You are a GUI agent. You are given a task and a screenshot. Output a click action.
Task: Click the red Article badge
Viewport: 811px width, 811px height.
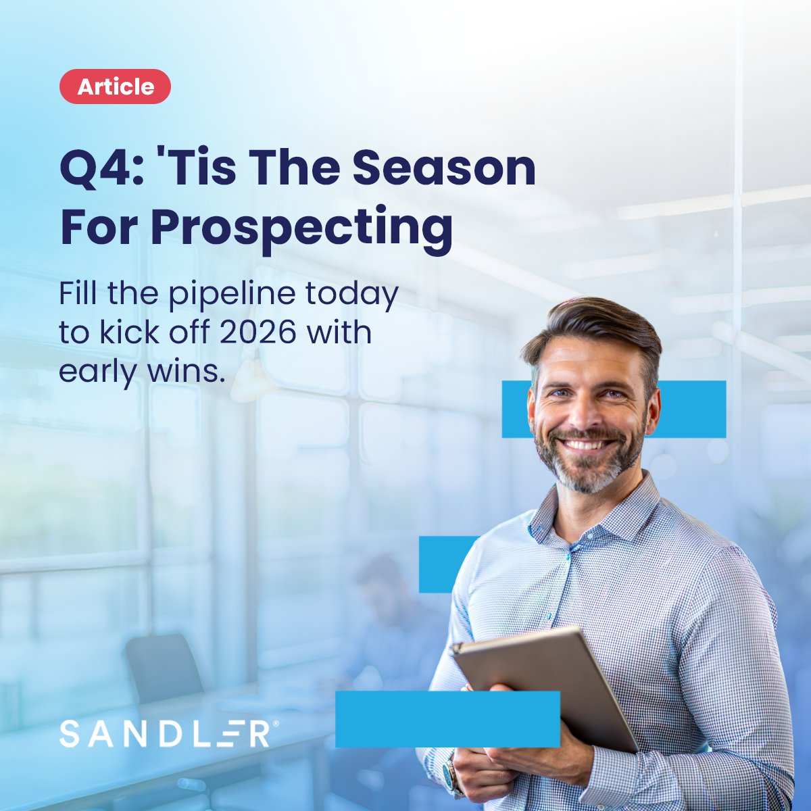pos(115,87)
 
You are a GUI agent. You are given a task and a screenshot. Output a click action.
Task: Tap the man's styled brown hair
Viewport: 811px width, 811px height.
pos(595,324)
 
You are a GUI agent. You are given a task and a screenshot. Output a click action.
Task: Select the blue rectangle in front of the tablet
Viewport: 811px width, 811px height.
pos(447,718)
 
